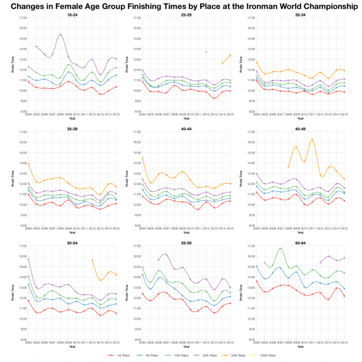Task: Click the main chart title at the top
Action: [x=181, y=7]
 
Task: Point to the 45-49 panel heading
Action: [x=301, y=127]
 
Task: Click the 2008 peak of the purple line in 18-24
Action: [x=60, y=34]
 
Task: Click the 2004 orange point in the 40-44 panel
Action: [x=142, y=158]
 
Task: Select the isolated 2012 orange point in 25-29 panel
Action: [x=206, y=51]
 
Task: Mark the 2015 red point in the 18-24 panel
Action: [x=117, y=87]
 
